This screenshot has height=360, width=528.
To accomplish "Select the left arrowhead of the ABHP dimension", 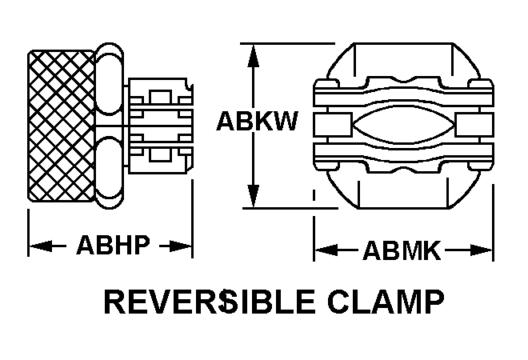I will pyautogui.click(x=38, y=246).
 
